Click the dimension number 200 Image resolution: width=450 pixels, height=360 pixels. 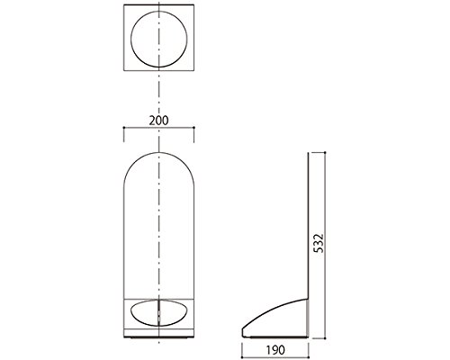(x=158, y=121)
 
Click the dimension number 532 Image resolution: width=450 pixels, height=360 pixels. (x=320, y=243)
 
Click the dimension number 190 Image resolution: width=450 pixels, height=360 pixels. (x=274, y=350)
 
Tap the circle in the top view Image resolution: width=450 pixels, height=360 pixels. (x=130, y=39)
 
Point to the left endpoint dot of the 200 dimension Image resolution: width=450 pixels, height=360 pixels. (x=124, y=128)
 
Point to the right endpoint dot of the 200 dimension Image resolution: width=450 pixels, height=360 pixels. (x=194, y=128)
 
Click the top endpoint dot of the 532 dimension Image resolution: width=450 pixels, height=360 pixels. (x=326, y=153)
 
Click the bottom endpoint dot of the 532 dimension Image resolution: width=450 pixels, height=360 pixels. (x=326, y=338)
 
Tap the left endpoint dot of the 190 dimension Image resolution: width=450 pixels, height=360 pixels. (x=242, y=357)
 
